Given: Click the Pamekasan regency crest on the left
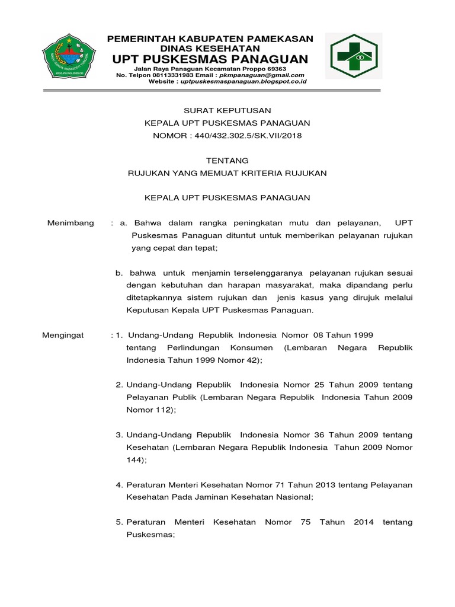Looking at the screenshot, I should click(72, 57).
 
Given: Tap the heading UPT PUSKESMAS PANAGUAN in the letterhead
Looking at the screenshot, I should click(210, 59).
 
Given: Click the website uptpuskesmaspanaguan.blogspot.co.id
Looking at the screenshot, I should click(243, 82).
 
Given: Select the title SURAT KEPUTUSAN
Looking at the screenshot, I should click(227, 110).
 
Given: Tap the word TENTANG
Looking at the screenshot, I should click(227, 160).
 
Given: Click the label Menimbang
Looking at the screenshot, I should click(71, 222).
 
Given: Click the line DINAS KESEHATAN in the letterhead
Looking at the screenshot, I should click(210, 47).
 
